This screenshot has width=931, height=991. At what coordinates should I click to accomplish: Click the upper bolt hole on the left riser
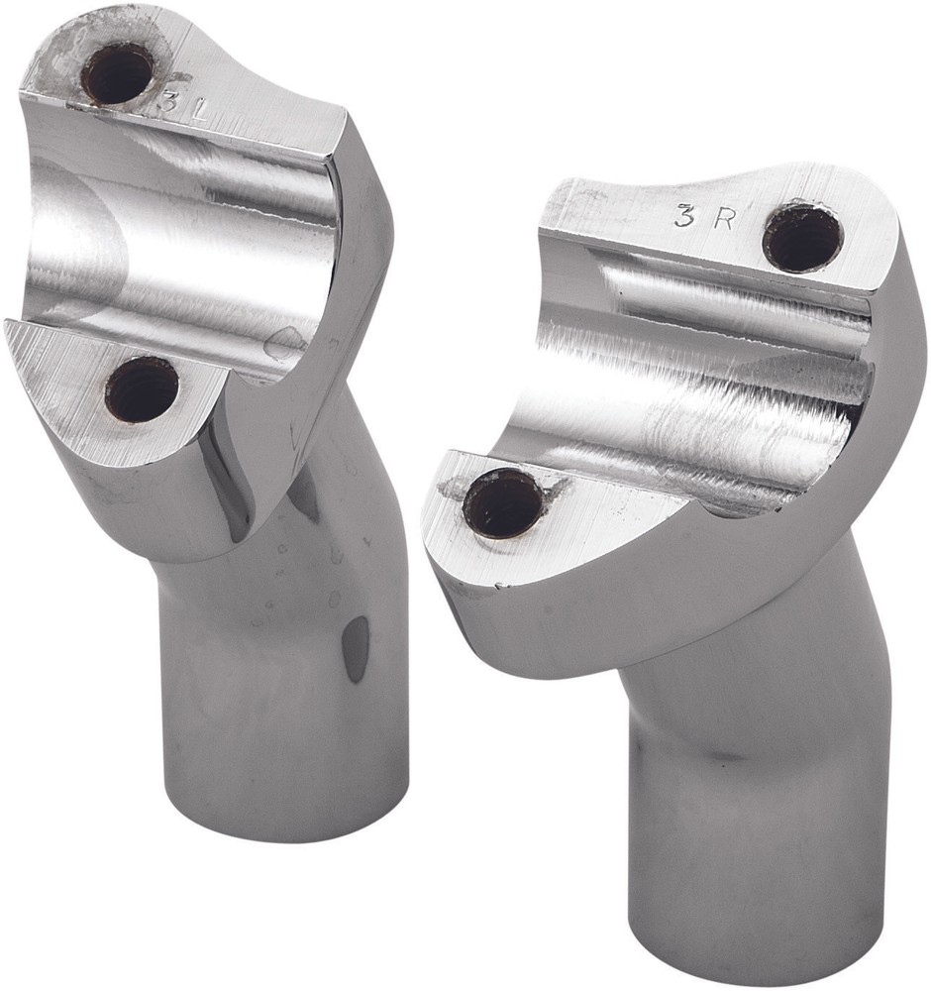coord(117,72)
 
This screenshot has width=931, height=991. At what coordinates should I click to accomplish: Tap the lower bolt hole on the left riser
coord(142,388)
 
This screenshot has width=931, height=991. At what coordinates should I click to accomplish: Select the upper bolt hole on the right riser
coord(802,237)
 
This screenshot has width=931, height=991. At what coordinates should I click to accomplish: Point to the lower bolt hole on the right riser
coord(502,503)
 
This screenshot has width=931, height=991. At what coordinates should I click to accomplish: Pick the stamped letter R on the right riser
coord(724,219)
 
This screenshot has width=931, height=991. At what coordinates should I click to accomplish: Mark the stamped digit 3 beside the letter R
coord(684,218)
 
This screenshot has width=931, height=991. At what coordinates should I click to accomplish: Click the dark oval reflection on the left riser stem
coord(355,649)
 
